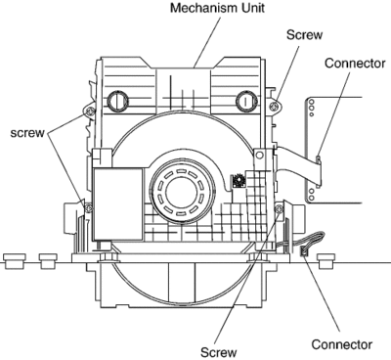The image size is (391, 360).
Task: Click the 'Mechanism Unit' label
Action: [x=217, y=8]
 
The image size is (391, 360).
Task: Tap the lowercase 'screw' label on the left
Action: [x=27, y=133]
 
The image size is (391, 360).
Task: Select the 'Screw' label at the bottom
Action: [x=218, y=352]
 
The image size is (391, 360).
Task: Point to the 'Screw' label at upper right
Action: [x=304, y=34]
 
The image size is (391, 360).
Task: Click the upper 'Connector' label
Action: [x=355, y=63]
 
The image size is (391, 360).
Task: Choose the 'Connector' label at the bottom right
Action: [x=342, y=344]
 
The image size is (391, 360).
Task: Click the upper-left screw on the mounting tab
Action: [x=90, y=111]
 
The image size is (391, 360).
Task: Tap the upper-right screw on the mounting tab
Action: [x=275, y=106]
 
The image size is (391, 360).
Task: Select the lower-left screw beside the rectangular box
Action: [x=88, y=207]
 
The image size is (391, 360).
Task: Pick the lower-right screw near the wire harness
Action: [x=279, y=209]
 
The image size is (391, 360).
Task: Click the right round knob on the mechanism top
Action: [x=245, y=100]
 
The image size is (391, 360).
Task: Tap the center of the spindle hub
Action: [x=182, y=191]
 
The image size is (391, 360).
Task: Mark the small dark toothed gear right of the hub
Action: [x=238, y=181]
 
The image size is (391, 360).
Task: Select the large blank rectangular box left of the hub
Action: [x=118, y=204]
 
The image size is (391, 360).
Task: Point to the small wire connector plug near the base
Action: [x=304, y=251]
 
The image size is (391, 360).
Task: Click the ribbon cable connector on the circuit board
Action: [x=318, y=172]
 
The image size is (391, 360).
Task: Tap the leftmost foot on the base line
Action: [x=15, y=261]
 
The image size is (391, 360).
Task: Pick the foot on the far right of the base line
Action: [x=326, y=261]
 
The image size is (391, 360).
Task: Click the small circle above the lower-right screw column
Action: [x=259, y=156]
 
